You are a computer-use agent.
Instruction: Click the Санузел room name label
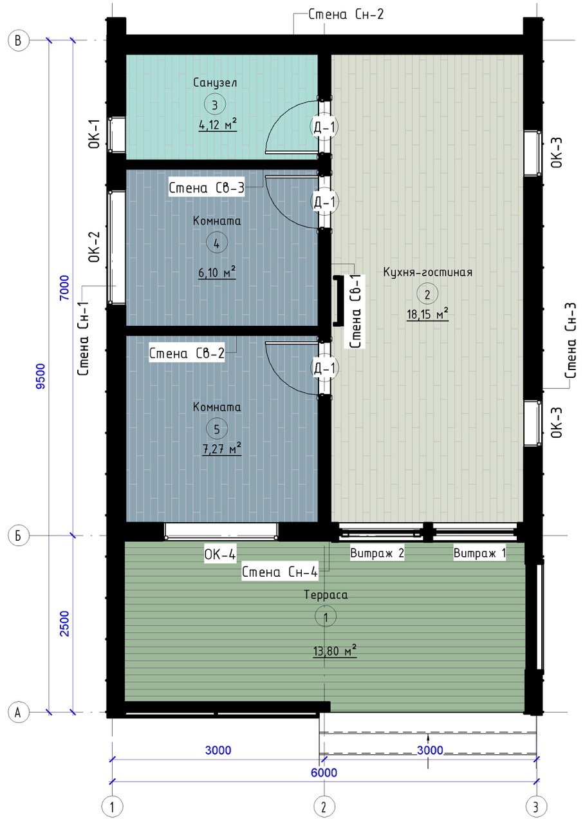tap(215, 83)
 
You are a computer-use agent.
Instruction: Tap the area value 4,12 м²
tap(218, 125)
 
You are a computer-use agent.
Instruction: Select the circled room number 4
tap(217, 243)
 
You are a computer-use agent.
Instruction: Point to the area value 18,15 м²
tap(427, 314)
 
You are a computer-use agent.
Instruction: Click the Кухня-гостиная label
tap(427, 272)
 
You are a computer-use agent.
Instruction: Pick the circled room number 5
tap(217, 429)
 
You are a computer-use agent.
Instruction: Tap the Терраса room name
tap(326, 595)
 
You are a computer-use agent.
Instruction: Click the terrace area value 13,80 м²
tap(335, 651)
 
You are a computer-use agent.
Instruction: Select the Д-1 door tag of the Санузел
tap(324, 127)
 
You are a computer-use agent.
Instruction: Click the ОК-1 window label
tap(95, 133)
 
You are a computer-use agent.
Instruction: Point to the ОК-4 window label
tap(220, 554)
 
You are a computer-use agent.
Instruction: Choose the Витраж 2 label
tap(377, 553)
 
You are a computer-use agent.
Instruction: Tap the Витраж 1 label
tap(479, 553)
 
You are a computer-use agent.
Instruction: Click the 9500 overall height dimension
tap(41, 376)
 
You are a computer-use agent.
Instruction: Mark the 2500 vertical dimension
tap(65, 624)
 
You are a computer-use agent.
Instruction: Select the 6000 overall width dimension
tap(324, 772)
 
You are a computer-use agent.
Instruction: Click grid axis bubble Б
tap(19, 536)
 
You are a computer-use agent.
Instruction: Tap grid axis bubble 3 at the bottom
tap(535, 807)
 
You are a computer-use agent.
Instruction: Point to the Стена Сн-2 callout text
tap(346, 15)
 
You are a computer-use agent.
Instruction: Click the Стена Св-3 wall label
tap(207, 188)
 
